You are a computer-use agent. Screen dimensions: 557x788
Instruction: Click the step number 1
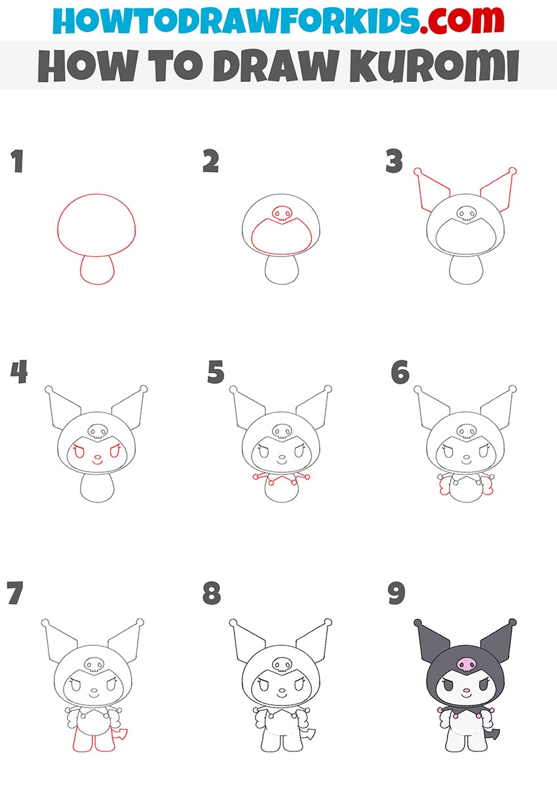click(x=17, y=161)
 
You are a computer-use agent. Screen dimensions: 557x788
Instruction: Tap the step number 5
click(x=216, y=371)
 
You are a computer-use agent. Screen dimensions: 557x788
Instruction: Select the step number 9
click(x=396, y=593)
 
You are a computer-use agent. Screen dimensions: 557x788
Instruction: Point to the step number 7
click(x=15, y=593)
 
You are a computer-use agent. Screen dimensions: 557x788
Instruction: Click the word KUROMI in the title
click(x=434, y=66)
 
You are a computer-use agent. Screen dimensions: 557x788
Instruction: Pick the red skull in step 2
click(x=282, y=214)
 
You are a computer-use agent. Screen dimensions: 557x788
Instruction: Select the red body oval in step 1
click(x=98, y=269)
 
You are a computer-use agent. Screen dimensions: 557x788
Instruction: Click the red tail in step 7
click(x=120, y=734)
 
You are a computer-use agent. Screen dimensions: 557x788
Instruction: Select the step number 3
click(x=394, y=161)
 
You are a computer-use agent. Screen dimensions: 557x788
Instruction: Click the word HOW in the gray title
click(x=87, y=66)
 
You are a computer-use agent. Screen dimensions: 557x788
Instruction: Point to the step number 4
click(x=19, y=371)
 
